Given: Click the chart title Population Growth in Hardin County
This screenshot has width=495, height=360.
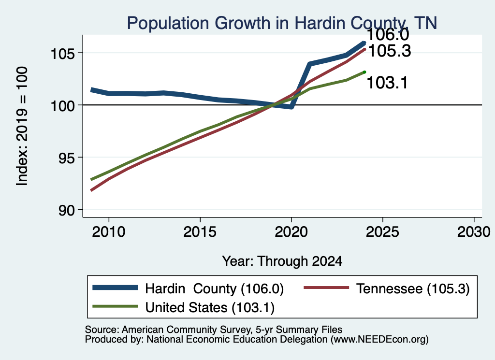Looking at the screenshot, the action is [282, 23].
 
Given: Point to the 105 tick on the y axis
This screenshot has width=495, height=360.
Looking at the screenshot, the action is [63, 54].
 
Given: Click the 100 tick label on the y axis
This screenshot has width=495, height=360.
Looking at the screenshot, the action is [63, 106].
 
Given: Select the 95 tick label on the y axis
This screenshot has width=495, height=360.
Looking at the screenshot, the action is [67, 158].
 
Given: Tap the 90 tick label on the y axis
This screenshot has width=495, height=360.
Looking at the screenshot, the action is [67, 210].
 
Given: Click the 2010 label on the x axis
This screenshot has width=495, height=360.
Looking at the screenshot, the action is [109, 232].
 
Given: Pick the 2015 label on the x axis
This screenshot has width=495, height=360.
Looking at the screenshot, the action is [200, 232].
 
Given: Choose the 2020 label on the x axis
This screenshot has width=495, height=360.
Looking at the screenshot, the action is [291, 232].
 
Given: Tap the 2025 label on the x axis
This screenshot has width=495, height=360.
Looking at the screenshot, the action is [382, 232].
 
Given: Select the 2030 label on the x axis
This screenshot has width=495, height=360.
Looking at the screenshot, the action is [474, 232].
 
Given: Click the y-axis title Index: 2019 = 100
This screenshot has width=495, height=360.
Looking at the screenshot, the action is [22, 126].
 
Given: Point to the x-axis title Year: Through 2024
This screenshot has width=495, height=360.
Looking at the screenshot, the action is [282, 261].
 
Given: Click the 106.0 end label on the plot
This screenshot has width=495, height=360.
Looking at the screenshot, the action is [388, 34].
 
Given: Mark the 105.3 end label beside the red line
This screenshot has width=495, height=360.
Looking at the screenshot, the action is [390, 51].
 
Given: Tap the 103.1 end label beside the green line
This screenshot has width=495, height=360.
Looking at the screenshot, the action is [387, 83].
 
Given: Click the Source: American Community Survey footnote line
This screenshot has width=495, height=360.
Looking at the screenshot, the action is [214, 330].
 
